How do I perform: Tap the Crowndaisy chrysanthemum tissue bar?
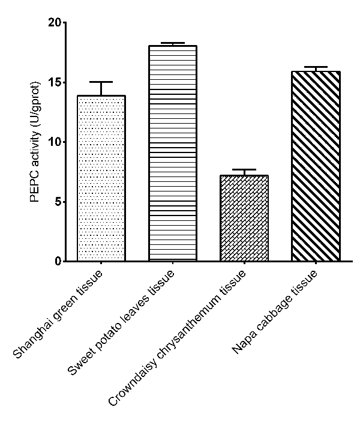[x=244, y=219]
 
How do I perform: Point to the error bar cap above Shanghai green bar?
[x=101, y=82]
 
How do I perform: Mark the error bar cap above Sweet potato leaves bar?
[x=173, y=43]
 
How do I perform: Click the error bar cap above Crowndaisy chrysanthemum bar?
[x=244, y=170]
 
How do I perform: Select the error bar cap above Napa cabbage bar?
[x=316, y=67]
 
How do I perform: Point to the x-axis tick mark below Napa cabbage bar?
[x=316, y=265]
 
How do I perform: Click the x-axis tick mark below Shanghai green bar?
[x=101, y=265]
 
